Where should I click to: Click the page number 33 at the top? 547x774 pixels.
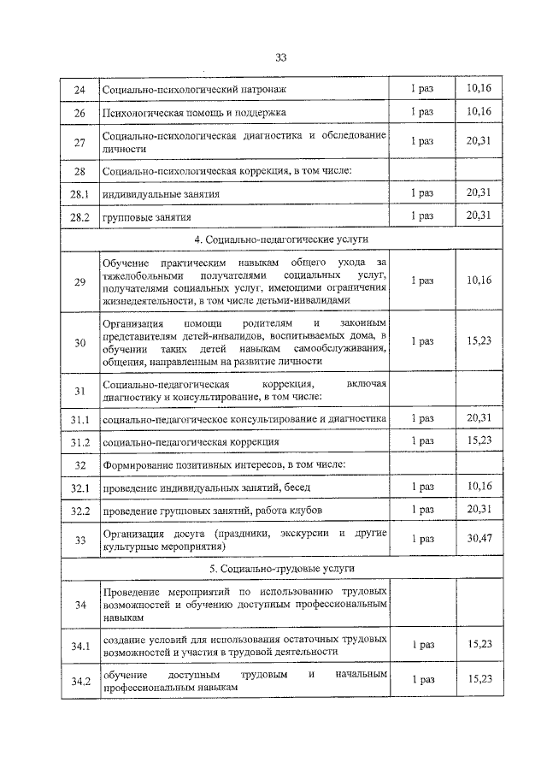pos(280,57)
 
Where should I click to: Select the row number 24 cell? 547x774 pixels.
pos(79,90)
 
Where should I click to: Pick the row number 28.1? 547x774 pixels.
pos(80,194)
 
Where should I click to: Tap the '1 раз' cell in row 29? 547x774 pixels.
pos(422,280)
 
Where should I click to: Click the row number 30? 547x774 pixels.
pos(80,342)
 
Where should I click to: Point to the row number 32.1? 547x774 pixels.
pos(80,487)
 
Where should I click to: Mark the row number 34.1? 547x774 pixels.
pos(80,644)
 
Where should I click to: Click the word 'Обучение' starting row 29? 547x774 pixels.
pos(125,261)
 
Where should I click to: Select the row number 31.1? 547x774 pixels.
pos(80,419)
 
